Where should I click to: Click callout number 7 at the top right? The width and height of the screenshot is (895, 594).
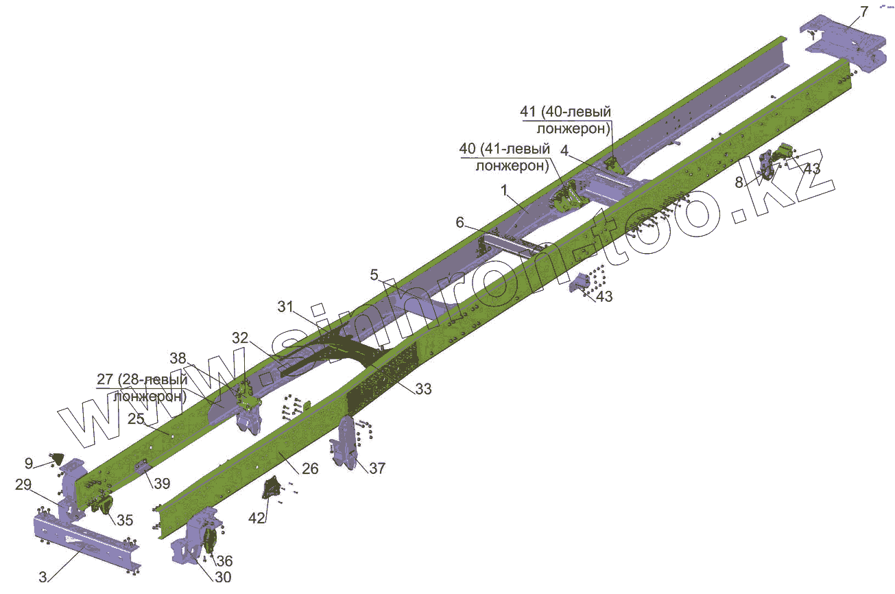click(864, 12)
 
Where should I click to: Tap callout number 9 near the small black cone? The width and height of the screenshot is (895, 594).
click(29, 463)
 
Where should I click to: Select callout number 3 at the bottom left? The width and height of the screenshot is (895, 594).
click(43, 577)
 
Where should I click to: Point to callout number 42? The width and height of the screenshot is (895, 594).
click(256, 518)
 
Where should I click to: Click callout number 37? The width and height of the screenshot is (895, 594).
click(377, 468)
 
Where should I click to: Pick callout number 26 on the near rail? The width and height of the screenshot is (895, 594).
click(310, 468)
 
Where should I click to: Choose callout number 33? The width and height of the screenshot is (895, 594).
click(424, 388)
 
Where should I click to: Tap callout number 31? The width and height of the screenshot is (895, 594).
click(286, 307)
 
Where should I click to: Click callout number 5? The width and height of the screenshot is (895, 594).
click(374, 274)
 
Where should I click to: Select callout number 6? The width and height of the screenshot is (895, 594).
click(460, 222)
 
